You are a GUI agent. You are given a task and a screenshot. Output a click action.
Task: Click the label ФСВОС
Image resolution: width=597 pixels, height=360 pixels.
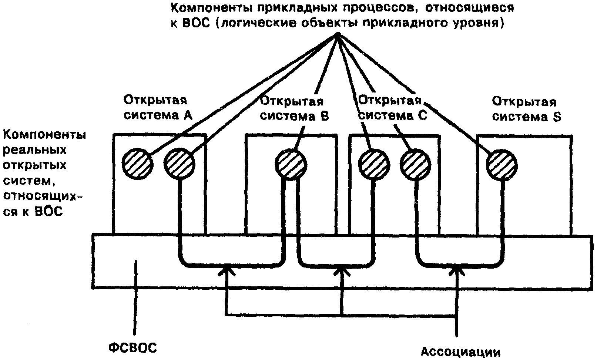point(133,348)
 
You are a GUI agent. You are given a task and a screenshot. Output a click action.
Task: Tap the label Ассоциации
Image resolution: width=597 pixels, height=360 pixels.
point(460,351)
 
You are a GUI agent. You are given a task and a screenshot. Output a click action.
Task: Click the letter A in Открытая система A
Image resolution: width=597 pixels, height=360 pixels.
point(188,115)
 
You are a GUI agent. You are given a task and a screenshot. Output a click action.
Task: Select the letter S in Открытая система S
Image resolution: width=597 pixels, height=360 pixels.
point(557,117)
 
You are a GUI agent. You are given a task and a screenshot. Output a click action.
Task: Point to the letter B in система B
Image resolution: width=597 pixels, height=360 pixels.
point(324,116)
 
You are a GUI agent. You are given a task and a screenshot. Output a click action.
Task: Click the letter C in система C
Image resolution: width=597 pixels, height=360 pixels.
point(422,116)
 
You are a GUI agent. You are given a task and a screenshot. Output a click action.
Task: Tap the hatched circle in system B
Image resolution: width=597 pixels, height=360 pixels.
point(291,164)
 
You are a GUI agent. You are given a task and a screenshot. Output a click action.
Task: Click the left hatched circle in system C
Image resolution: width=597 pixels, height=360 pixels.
point(374,164)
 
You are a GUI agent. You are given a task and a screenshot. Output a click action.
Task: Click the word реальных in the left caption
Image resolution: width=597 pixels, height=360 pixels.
point(35,150)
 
